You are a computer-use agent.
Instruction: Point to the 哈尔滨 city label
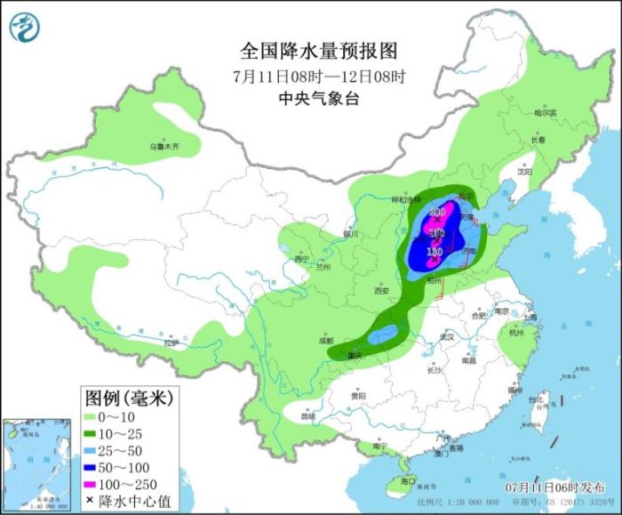[545, 113]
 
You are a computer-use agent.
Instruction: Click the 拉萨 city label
[171, 342]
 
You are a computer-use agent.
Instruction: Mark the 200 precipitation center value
[436, 211]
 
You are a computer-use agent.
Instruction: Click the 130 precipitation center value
[435, 252]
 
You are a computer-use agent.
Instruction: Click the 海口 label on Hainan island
[408, 480]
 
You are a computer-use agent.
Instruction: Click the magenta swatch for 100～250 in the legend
[92, 484]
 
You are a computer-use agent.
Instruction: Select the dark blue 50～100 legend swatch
[92, 467]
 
